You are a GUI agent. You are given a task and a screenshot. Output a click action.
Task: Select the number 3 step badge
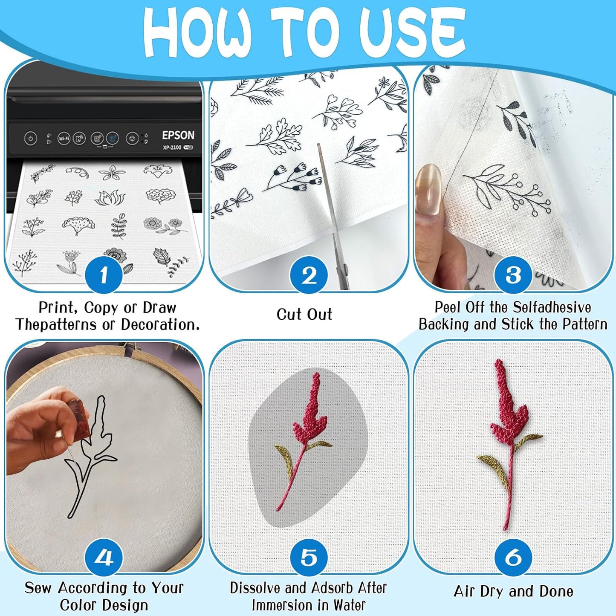513,275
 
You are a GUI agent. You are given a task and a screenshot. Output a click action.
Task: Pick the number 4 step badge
104,557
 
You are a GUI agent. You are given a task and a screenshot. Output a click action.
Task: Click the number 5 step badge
309,557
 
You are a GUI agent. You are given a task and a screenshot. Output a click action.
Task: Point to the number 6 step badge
513,557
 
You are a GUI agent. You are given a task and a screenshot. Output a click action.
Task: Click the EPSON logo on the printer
178,136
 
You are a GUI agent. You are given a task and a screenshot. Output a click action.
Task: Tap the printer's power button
30,139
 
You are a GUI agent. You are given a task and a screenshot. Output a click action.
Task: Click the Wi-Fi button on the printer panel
64,138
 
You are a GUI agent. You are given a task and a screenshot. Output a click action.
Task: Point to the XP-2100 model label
172,147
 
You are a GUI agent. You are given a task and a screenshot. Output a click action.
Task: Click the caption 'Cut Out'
304,315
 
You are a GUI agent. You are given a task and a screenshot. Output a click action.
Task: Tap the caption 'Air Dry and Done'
513,591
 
